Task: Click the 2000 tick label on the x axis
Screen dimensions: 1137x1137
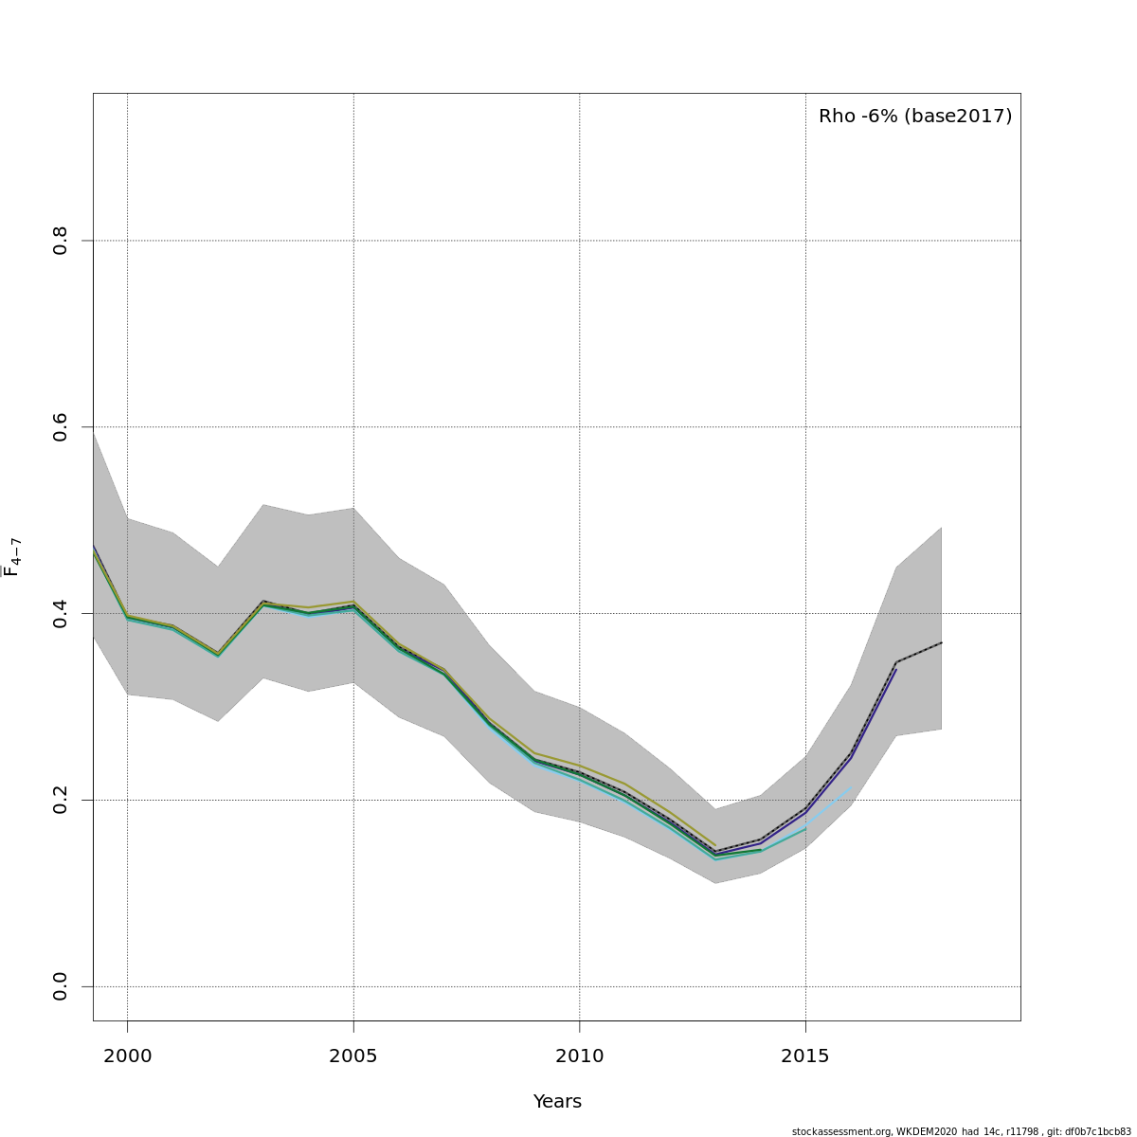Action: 127,1056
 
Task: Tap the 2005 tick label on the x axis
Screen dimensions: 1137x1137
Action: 353,1056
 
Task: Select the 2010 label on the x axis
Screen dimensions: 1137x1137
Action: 579,1056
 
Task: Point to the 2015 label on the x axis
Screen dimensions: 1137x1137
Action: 805,1056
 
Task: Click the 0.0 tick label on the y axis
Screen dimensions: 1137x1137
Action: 61,986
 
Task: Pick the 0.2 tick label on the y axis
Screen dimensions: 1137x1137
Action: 61,800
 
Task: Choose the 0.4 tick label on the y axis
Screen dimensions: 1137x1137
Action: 61,613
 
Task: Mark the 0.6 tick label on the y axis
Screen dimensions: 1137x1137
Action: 61,427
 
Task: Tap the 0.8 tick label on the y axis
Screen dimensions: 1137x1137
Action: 61,241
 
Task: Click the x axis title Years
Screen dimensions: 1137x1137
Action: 557,1102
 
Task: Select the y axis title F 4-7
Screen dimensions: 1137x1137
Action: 12,557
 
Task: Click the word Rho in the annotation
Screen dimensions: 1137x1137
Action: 838,117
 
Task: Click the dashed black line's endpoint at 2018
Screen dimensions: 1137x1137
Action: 941,642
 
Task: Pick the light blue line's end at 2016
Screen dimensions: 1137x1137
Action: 850,789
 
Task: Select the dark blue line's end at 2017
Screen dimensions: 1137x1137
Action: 895,669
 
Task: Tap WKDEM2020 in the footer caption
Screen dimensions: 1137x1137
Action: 929,1131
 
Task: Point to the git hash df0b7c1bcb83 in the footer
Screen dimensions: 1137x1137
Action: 1100,1131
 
